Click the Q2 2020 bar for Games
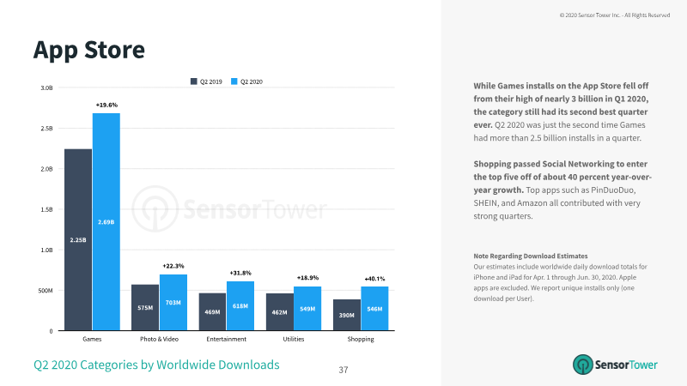pyautogui.click(x=106, y=221)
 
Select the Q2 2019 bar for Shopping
pyautogui.click(x=347, y=315)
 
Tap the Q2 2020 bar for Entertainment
pyautogui.click(x=240, y=306)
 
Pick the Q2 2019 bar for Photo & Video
pyautogui.click(x=145, y=308)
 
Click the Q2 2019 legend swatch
pyautogui.click(x=194, y=81)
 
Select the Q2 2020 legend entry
pyautogui.click(x=246, y=81)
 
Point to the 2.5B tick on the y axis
pyautogui.click(x=46, y=128)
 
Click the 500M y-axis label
pyautogui.click(x=46, y=291)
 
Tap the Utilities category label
pyautogui.click(x=294, y=339)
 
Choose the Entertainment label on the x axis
pyautogui.click(x=227, y=339)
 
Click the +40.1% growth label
pyautogui.click(x=374, y=279)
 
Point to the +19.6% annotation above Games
pyautogui.click(x=106, y=105)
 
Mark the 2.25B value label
pyautogui.click(x=78, y=240)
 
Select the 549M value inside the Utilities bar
pyautogui.click(x=307, y=309)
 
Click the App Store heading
pyautogui.click(x=89, y=50)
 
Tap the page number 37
pyautogui.click(x=343, y=370)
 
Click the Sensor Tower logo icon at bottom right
pyautogui.click(x=583, y=365)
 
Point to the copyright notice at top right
pyautogui.click(x=615, y=15)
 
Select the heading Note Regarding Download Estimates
pyautogui.click(x=531, y=256)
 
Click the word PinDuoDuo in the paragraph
pyautogui.click(x=613, y=190)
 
